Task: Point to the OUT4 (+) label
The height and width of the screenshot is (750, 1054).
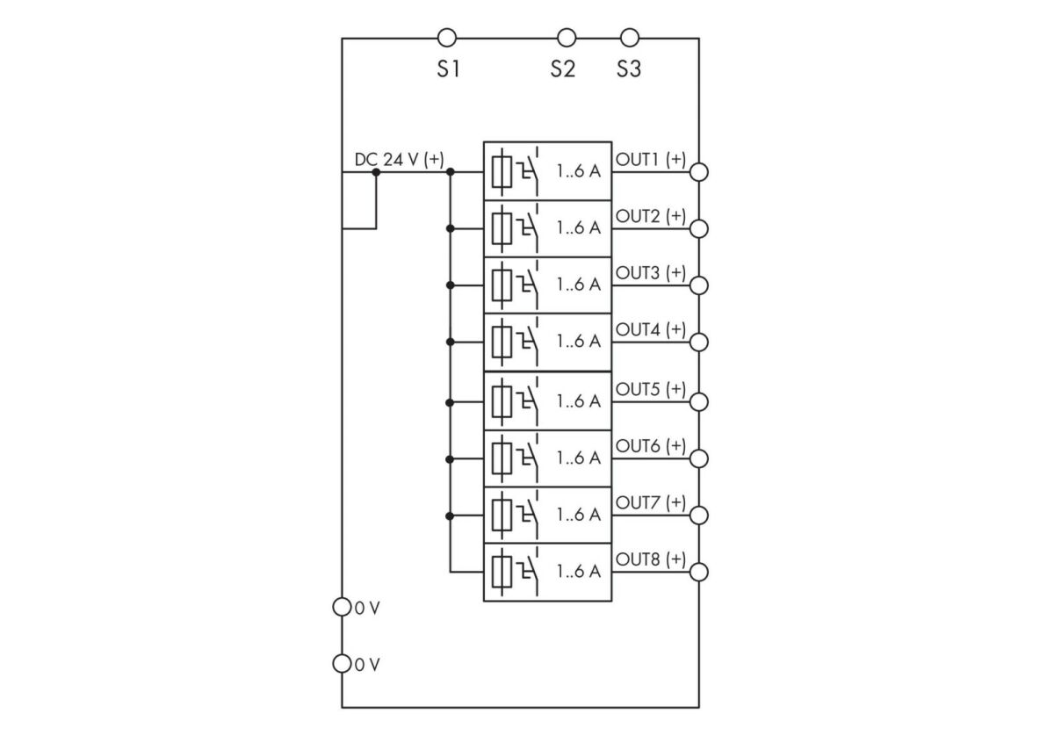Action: (x=651, y=329)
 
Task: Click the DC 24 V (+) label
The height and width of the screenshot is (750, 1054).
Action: (x=399, y=160)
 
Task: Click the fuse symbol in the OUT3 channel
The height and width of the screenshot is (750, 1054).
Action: (x=502, y=285)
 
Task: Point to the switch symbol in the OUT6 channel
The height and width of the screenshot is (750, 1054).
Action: (x=529, y=458)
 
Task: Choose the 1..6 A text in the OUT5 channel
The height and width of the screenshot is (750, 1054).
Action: (x=579, y=401)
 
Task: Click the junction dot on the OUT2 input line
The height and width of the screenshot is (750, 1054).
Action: (x=450, y=228)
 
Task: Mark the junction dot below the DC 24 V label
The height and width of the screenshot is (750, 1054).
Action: (x=376, y=172)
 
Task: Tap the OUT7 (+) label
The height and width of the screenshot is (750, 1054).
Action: (x=651, y=502)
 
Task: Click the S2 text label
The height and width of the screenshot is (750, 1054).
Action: (x=563, y=69)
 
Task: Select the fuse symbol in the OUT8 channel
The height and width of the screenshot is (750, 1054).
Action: (x=502, y=572)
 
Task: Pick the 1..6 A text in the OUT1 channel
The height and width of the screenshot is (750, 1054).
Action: (x=579, y=171)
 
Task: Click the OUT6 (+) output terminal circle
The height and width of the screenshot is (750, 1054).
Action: (x=699, y=458)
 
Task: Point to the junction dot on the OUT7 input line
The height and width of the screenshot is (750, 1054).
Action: (x=450, y=516)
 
